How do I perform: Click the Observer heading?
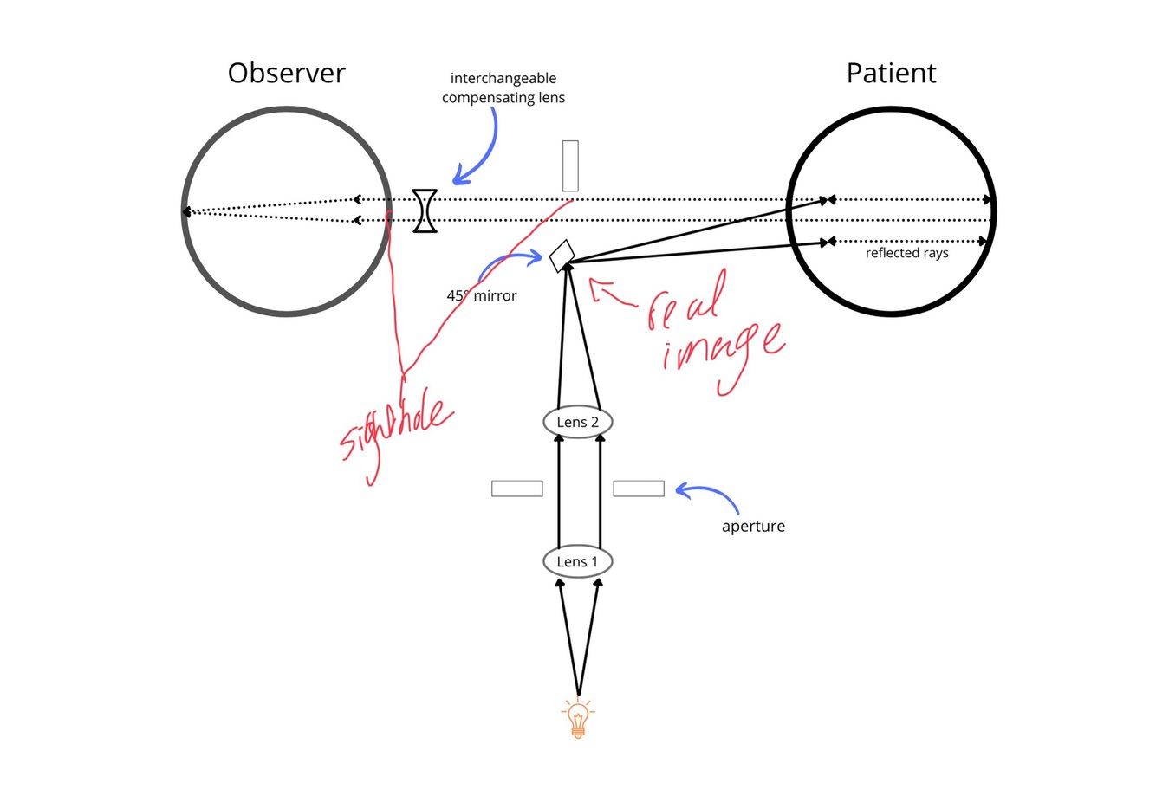pos(286,73)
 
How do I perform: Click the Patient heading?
pos(891,73)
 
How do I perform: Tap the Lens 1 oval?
pos(577,562)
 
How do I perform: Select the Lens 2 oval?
pos(577,422)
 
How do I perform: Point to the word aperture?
pos(753,527)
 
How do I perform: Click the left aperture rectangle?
pos(516,489)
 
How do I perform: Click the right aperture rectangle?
pos(639,489)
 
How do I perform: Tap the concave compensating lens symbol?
pos(425,210)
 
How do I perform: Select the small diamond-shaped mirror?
pos(562,256)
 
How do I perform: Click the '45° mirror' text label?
pos(482,295)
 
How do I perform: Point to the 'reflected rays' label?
pos(906,253)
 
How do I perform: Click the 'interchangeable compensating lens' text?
pos(503,88)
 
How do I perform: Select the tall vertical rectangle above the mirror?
pos(570,165)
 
